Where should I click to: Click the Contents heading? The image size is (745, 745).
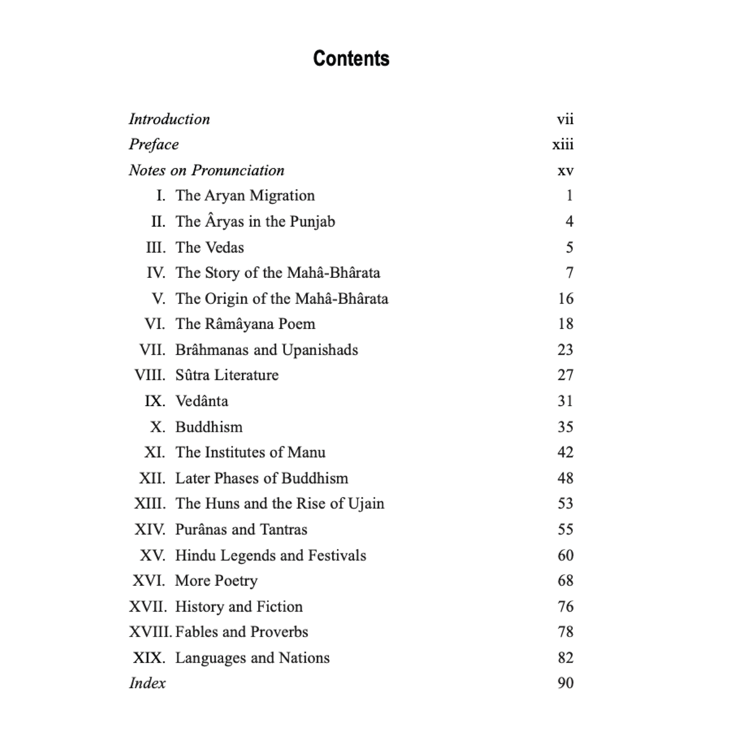[351, 59]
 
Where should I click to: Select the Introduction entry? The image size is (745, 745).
[169, 120]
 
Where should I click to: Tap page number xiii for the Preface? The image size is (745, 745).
[562, 145]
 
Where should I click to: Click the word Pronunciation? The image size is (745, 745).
[238, 171]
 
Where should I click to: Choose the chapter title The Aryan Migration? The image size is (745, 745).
[245, 196]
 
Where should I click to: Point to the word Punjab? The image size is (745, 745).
[312, 222]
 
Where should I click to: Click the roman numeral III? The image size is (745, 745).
[156, 247]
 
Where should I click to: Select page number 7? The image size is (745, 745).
[569, 273]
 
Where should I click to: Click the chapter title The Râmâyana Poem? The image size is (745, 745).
[245, 324]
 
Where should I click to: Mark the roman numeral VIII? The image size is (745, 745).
[150, 375]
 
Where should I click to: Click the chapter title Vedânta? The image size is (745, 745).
[202, 401]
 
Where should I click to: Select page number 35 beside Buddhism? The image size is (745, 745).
[565, 427]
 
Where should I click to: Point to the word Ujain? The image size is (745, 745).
[366, 504]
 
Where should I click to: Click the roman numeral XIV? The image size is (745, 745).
[150, 529]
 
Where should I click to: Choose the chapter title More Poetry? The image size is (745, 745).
[216, 581]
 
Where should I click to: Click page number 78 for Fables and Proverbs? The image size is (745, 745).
[565, 632]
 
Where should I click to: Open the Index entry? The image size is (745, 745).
[147, 684]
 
